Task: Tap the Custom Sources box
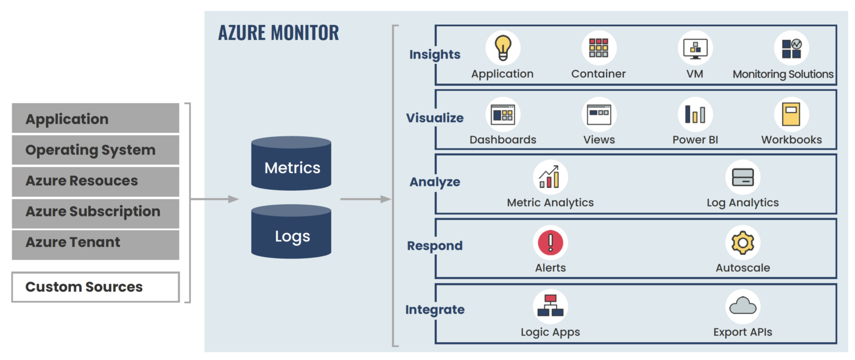tap(95, 287)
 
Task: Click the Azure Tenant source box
tap(95, 243)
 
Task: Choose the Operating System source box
tap(95, 150)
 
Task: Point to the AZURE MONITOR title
tap(278, 33)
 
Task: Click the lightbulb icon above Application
tap(503, 48)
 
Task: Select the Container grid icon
tap(598, 48)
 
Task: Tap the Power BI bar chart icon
tap(695, 114)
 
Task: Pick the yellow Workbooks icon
tap(791, 114)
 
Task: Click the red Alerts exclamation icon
tap(551, 243)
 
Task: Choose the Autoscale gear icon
tap(743, 243)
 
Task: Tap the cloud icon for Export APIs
tap(743, 307)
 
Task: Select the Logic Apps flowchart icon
tap(551, 307)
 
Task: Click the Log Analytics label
tap(743, 203)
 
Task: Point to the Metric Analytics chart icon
tap(551, 177)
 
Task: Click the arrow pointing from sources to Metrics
tap(214, 199)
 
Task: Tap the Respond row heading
tap(435, 246)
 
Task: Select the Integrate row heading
tap(435, 310)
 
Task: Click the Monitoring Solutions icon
tap(791, 48)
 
